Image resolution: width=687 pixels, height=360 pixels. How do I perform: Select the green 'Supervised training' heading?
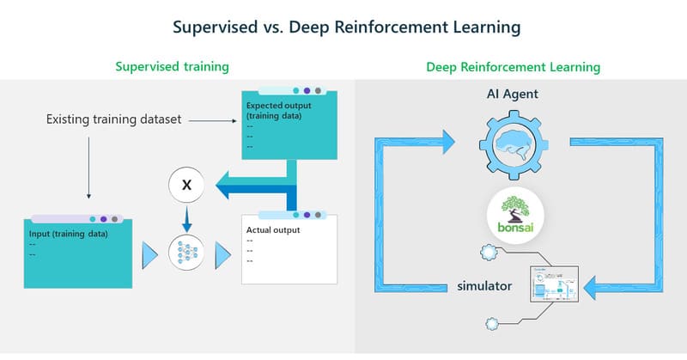177,66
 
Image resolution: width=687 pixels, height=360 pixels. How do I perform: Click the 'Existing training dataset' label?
113,119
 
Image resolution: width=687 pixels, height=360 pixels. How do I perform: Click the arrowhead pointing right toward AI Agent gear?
447,143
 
